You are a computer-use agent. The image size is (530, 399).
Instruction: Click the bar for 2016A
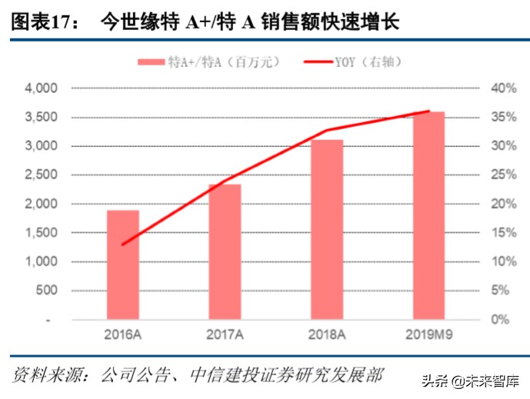click(123, 264)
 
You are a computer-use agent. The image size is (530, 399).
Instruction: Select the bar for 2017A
click(225, 251)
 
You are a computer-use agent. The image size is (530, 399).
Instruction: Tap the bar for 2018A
click(327, 229)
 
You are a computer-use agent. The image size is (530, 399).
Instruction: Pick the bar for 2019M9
click(429, 215)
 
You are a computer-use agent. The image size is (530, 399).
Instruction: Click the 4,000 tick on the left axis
click(42, 88)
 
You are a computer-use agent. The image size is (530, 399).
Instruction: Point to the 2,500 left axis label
click(42, 175)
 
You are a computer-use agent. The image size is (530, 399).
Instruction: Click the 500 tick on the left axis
click(48, 291)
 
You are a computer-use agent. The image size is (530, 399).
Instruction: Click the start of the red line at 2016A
click(123, 244)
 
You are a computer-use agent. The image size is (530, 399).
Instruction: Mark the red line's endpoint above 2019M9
click(429, 111)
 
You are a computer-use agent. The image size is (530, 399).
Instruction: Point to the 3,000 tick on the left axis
click(42, 146)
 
